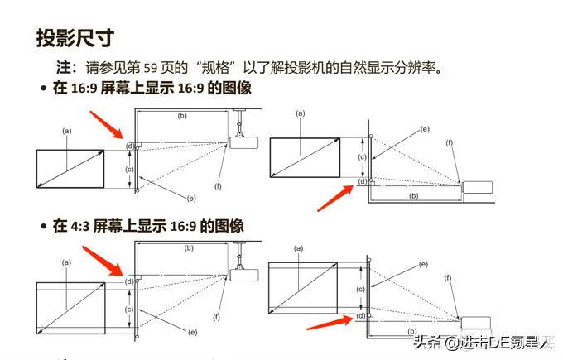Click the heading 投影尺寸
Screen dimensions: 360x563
tap(75, 37)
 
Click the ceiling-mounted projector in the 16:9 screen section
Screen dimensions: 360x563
tap(241, 142)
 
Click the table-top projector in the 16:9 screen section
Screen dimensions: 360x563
tap(477, 187)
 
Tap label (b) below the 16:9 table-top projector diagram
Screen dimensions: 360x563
tap(413, 196)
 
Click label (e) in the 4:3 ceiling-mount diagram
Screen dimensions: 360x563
tap(192, 332)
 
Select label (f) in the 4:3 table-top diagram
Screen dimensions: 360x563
tap(449, 278)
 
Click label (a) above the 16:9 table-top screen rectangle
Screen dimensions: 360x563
tap(300, 112)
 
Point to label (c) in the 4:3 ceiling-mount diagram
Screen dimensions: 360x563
tap(129, 309)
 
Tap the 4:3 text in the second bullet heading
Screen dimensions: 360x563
tap(79, 225)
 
